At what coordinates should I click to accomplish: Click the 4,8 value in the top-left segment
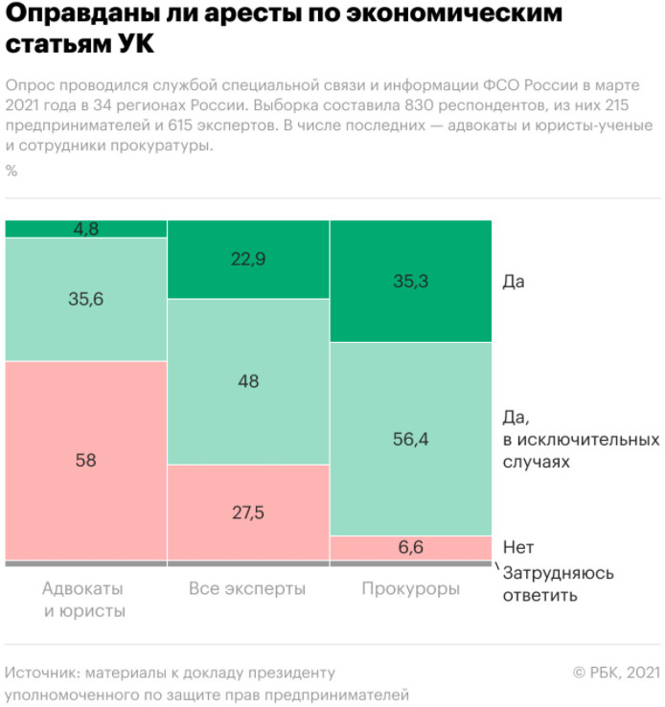pos(86,229)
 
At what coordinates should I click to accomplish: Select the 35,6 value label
pos(86,299)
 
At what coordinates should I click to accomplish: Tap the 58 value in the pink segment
pos(86,460)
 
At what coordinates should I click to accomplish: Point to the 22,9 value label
pos(248,259)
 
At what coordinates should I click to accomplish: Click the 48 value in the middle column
pos(248,380)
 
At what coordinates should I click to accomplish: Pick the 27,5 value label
pos(248,512)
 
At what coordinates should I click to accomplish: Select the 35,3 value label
pos(410,281)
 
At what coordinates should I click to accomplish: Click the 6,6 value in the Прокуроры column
pos(410,548)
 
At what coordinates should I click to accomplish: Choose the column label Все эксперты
pos(248,588)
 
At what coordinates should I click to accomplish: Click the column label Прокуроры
pos(410,588)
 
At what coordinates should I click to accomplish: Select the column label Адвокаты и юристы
pos(84,599)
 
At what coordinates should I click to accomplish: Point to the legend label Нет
pos(517,548)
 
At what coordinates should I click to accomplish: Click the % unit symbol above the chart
pos(11,171)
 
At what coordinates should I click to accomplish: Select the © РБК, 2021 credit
pos(615,673)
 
